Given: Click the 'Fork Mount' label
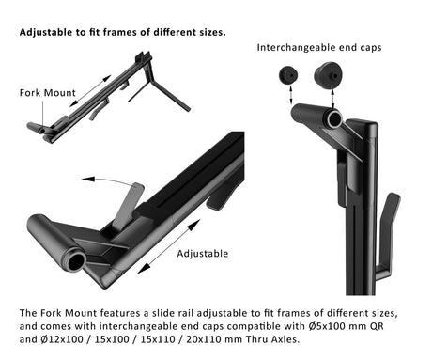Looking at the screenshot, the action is [48, 93].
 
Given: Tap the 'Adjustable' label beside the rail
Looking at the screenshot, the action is [203, 254].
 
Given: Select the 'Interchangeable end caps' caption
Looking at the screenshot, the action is [319, 48].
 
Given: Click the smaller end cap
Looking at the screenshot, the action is [288, 75].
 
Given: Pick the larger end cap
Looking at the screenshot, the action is [328, 76].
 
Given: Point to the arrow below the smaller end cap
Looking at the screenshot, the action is [291, 95].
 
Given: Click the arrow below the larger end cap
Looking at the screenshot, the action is [332, 99].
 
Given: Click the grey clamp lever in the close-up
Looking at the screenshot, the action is [128, 207].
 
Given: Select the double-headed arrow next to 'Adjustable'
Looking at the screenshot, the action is [169, 246].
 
